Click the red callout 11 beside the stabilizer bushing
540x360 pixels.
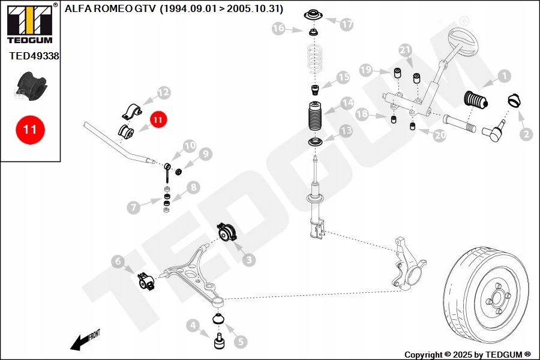(x=157, y=120)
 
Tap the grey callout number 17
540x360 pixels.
(x=347, y=25)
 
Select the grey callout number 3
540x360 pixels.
(x=248, y=260)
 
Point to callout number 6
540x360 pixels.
(x=118, y=261)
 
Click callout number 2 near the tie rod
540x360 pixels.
(x=526, y=134)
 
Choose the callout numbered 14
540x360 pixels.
(x=347, y=103)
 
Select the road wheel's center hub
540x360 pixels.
(x=496, y=296)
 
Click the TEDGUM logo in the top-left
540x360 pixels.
(x=29, y=23)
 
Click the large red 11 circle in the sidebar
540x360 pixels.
(x=30, y=129)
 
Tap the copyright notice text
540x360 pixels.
(x=467, y=355)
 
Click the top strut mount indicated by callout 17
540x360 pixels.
(x=313, y=16)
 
